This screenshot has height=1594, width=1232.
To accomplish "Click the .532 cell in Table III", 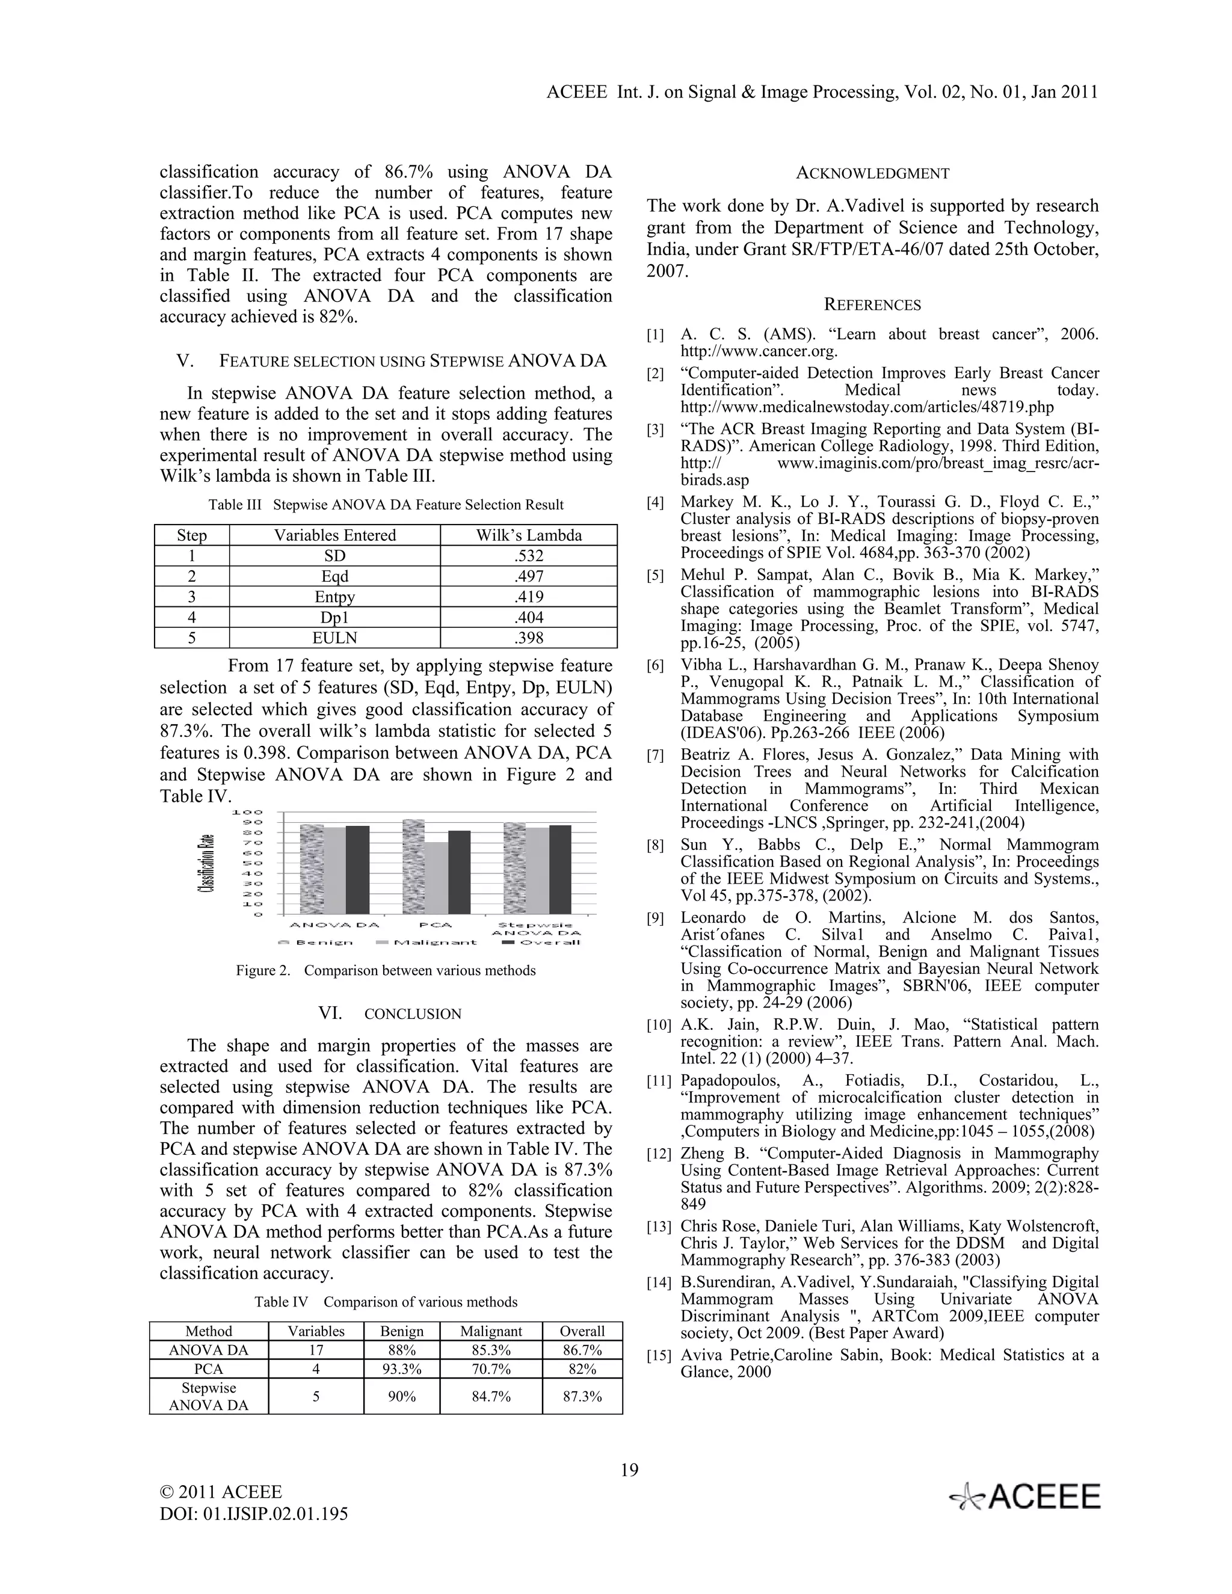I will tap(528, 555).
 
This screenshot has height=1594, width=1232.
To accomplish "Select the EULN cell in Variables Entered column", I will tap(334, 637).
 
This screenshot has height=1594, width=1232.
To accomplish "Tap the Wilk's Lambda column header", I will tap(528, 535).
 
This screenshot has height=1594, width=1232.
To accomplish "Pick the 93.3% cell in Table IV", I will tap(401, 1368).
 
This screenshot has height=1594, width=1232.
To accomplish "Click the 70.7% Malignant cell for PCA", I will tap(490, 1368).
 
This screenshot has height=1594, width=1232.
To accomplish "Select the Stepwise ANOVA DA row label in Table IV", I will tap(208, 1396).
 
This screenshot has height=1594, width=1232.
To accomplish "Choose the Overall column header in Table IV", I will tap(582, 1331).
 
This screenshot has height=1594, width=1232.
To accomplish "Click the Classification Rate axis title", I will tap(209, 863).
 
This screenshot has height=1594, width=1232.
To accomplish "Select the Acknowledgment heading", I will tap(872, 173).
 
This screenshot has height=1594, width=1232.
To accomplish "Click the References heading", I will tap(872, 304).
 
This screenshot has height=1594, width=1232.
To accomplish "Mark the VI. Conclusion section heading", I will tap(390, 1013).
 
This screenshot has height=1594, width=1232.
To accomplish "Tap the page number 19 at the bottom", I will tap(629, 1469).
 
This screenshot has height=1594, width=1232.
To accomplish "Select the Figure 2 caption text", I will tap(386, 970).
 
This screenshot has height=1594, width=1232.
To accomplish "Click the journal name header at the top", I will tap(822, 92).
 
